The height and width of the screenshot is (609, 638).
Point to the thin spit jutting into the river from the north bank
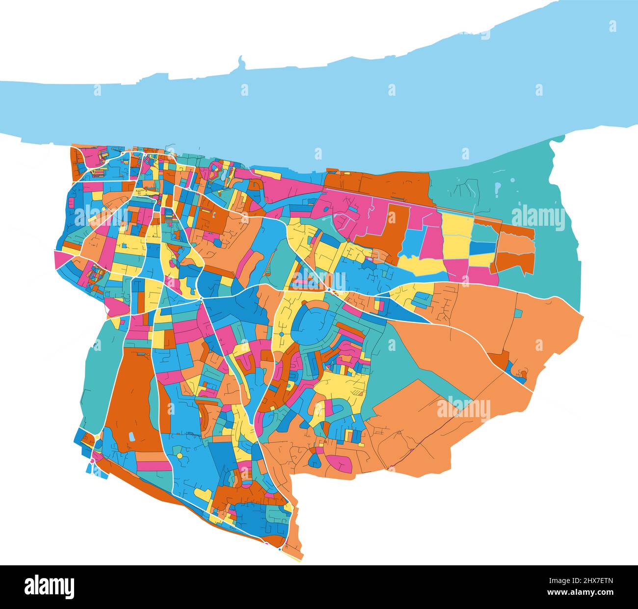pyautogui.click(x=241, y=63)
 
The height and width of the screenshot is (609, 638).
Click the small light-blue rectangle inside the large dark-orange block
pyautogui.click(x=131, y=436)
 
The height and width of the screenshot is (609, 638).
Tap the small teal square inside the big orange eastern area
pyautogui.click(x=518, y=313)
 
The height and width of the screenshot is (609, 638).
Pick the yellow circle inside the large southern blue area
pyautogui.click(x=180, y=456)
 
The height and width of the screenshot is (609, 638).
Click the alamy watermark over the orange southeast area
pyautogui.click(x=463, y=409)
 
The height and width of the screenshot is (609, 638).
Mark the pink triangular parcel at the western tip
pyautogui.click(x=61, y=259)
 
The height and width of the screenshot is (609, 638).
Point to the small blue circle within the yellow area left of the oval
pyautogui.click(x=282, y=335)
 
